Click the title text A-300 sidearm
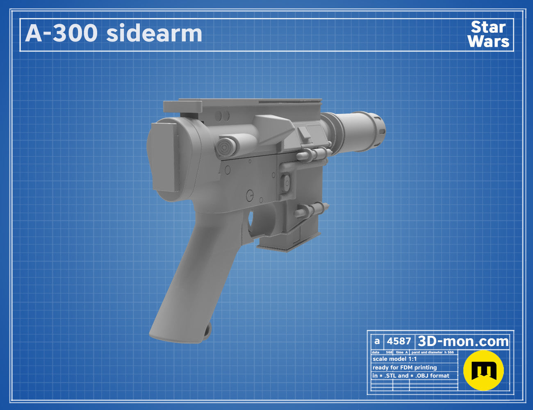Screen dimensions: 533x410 coord(113,33)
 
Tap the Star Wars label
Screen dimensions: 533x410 coord(488,34)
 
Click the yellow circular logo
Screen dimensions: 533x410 coord(483,370)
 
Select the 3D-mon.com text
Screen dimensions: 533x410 coord(463,341)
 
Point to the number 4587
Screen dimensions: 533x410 coord(399,341)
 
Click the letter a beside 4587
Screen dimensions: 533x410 coord(377,342)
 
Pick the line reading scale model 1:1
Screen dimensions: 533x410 coord(395,359)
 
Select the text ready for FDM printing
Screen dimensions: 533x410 coord(405,367)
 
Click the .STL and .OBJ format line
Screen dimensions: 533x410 coord(410,376)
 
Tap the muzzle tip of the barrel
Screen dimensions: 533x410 coord(380,130)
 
